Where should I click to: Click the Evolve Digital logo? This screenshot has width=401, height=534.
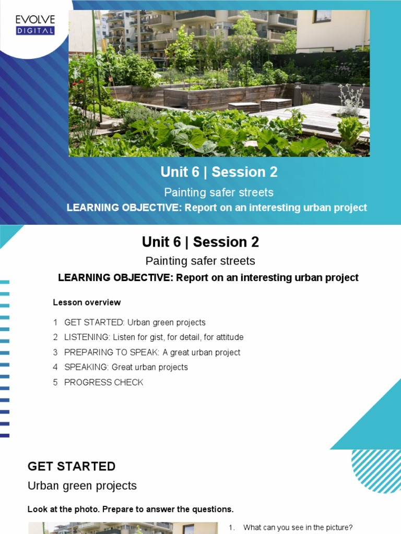tap(35, 25)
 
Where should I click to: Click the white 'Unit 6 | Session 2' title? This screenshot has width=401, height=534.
tap(220, 172)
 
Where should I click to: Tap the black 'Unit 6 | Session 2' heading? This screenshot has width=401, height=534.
tap(200, 242)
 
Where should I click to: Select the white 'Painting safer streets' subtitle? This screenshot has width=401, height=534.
tap(219, 192)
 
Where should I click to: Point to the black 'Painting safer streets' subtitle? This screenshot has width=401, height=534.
tap(200, 261)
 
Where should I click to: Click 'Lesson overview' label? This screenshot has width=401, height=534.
tap(87, 302)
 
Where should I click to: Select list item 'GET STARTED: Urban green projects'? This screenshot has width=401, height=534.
tap(135, 322)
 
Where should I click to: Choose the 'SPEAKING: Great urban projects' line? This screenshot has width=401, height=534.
tap(126, 367)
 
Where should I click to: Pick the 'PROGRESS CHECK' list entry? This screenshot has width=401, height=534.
tap(103, 382)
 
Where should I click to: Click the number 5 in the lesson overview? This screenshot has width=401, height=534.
tap(55, 382)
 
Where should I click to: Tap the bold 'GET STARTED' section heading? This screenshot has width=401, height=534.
tap(72, 466)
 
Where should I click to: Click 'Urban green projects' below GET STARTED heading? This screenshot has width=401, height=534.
tap(82, 486)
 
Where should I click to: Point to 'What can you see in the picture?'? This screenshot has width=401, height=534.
tap(298, 528)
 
